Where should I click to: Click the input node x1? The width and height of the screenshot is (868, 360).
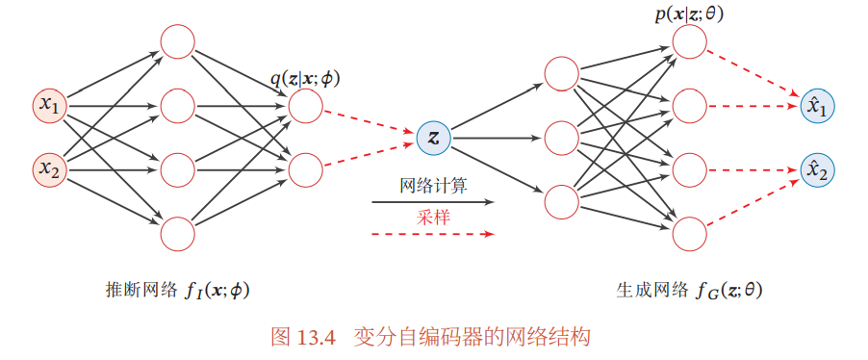50,105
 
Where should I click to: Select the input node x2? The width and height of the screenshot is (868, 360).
50,168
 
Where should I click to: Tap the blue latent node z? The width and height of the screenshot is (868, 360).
434,138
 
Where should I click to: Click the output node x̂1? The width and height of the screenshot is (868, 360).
818,105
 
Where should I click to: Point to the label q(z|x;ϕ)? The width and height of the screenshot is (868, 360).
304,79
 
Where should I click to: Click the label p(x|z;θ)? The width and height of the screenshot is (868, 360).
689,15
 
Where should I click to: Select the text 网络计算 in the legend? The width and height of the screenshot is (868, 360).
433,186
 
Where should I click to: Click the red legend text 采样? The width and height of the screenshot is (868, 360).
433,218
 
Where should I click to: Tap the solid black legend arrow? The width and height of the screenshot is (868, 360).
432,202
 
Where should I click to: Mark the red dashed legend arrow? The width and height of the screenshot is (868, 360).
432,234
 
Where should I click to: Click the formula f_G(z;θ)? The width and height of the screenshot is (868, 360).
729,291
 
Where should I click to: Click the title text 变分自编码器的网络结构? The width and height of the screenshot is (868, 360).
472,337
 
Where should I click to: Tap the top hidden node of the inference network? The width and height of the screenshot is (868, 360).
178,41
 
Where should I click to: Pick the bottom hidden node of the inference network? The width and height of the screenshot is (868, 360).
178,234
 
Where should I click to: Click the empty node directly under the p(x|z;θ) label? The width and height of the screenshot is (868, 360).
689,41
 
